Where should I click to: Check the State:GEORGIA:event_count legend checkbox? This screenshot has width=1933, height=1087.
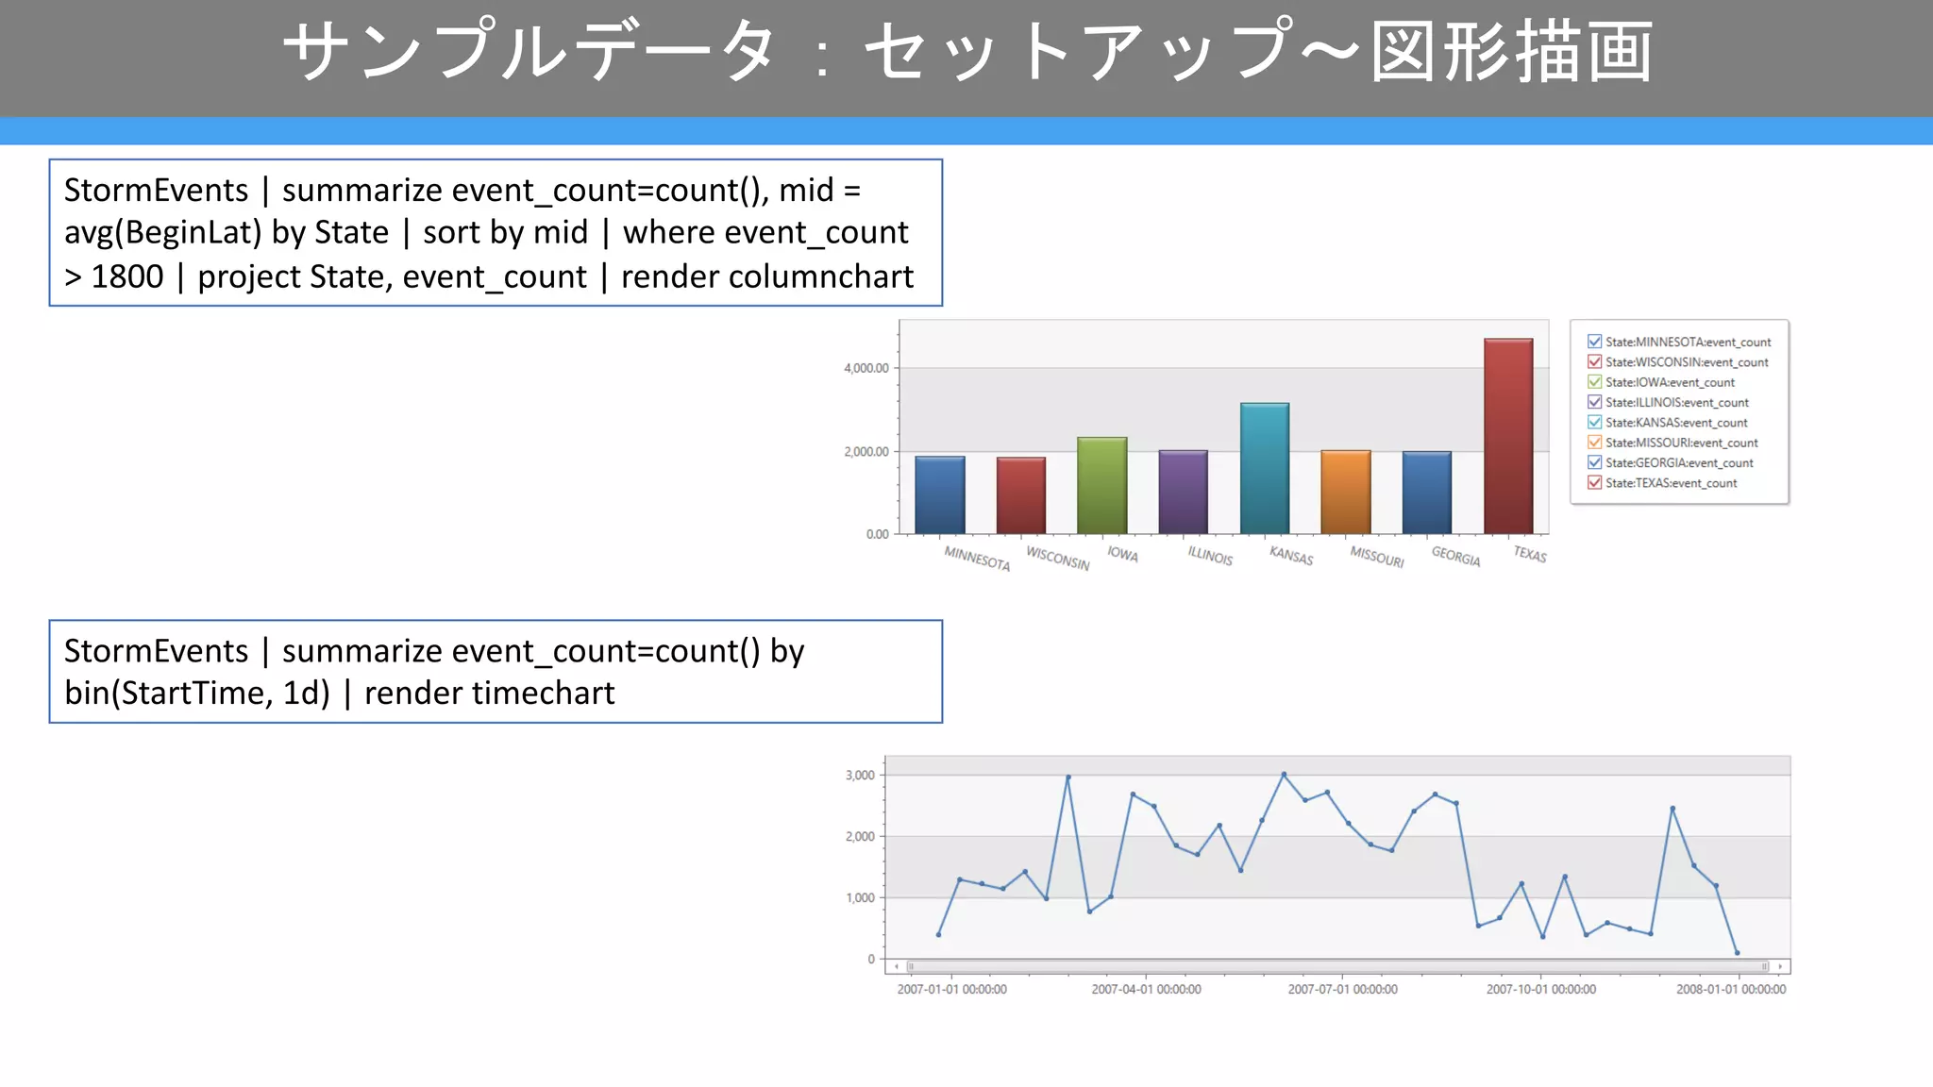tap(1595, 462)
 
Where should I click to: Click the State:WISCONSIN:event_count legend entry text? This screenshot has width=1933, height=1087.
tap(1687, 362)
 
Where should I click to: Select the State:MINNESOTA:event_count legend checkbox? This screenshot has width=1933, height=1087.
tap(1595, 342)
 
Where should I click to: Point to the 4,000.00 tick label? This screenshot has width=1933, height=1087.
tap(866, 368)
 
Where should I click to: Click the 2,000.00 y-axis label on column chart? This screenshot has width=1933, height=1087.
tap(866, 452)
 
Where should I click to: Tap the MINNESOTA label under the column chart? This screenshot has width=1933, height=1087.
tap(977, 559)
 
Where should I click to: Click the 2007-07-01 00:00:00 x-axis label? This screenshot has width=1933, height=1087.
tap(1342, 989)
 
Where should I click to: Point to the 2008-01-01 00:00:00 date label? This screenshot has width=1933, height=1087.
tap(1730, 989)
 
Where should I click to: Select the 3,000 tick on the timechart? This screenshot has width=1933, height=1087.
tap(860, 776)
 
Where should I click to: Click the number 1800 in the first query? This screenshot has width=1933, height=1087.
tap(127, 276)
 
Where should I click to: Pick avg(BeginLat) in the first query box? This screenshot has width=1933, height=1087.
tap(161, 232)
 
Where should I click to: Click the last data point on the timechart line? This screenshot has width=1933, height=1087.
tap(1737, 952)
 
